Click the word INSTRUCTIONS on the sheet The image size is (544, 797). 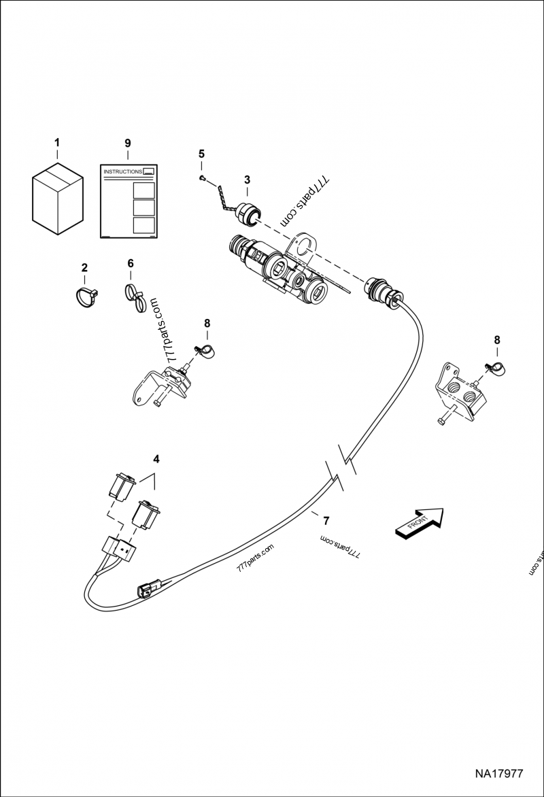(122, 173)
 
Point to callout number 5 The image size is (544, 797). (201, 153)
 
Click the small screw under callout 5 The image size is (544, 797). (202, 178)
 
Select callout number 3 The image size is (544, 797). (247, 180)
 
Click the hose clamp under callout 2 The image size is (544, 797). (85, 296)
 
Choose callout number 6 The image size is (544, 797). (131, 263)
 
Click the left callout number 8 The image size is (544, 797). (208, 323)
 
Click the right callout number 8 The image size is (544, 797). (497, 339)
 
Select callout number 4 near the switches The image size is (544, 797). (156, 459)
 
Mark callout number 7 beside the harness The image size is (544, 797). (326, 521)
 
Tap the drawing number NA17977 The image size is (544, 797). (498, 773)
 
